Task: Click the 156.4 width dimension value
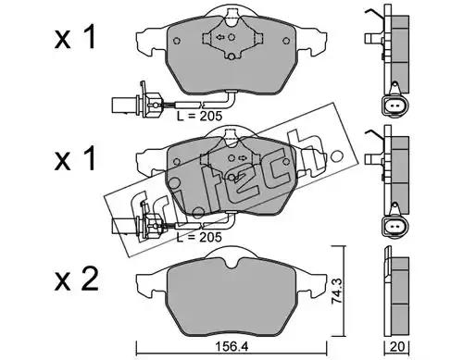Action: coord(231,347)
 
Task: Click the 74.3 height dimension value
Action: coord(338,292)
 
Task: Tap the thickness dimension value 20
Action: coord(396,347)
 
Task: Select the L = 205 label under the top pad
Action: coord(199,117)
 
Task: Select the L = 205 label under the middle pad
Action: coord(199,237)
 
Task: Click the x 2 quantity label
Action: coord(77,279)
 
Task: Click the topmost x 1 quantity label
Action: coord(75,38)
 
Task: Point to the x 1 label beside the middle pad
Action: coord(75,158)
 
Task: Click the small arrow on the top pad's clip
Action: coord(219,37)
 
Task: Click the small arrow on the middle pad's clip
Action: coord(242,158)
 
